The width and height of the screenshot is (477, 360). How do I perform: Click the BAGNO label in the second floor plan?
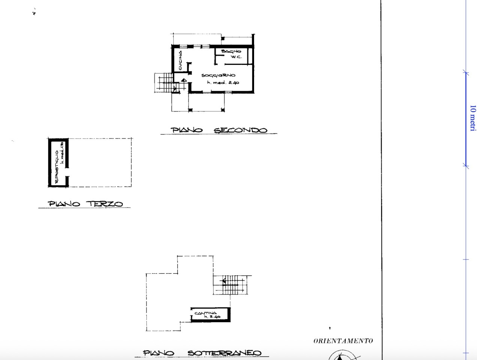tap(231, 51)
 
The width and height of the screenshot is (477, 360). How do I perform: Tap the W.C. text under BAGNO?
tap(236, 57)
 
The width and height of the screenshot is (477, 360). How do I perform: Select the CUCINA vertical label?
tap(181, 60)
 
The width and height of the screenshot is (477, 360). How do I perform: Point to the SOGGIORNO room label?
tap(218, 75)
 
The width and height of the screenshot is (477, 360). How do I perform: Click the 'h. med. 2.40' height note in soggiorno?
tap(223, 82)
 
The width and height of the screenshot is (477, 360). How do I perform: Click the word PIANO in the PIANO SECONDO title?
tap(187, 130)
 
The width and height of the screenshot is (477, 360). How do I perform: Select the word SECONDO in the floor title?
tap(241, 130)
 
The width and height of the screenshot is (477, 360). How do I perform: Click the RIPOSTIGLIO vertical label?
tap(57, 167)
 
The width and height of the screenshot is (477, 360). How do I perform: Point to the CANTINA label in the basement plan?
tap(205, 313)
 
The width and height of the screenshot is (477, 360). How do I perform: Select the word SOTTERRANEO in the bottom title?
tap(224, 353)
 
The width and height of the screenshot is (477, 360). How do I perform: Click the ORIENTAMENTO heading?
tap(343, 341)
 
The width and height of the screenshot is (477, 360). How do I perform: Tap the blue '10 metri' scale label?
tap(472, 118)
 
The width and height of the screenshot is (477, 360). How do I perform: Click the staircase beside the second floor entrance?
tap(164, 83)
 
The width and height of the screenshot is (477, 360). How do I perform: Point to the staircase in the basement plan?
tap(231, 285)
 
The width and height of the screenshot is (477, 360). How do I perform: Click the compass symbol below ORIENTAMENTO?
tap(342, 355)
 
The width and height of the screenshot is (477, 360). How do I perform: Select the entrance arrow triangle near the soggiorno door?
tap(183, 80)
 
